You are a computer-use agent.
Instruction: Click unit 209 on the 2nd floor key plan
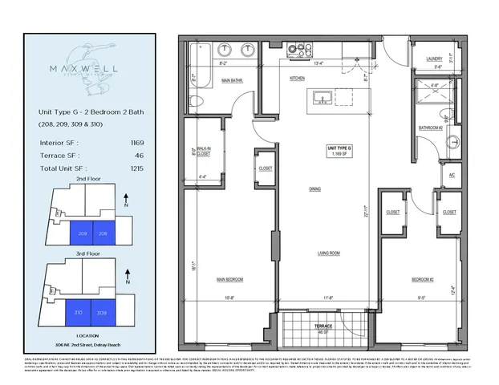[x=83, y=233]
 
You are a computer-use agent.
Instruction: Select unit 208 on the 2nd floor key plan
[x=102, y=233]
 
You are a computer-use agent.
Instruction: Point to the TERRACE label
[x=323, y=326]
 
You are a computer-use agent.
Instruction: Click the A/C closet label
[x=452, y=174]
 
